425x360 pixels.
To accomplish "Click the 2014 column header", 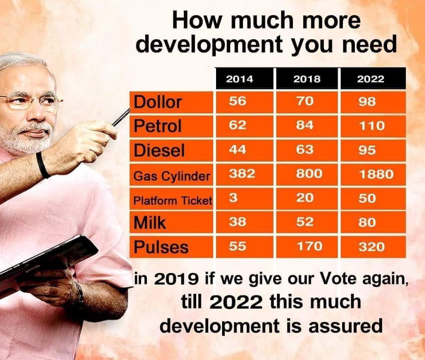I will point(240,79).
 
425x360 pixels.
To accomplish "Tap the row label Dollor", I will point(158,102).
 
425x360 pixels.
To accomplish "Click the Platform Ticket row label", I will point(173,201).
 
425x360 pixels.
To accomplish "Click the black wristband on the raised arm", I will point(42,165).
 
